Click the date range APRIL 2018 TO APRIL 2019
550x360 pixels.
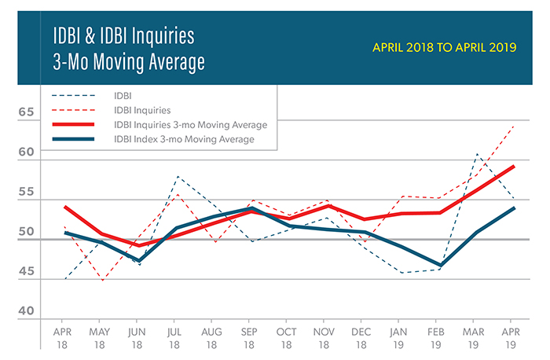(x=444, y=47)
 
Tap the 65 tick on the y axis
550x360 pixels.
(x=29, y=112)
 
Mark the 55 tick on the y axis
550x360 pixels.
(x=29, y=193)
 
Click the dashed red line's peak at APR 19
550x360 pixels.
(x=514, y=126)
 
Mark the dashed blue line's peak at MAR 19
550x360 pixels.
(x=477, y=154)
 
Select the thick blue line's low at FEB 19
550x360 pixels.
(x=440, y=266)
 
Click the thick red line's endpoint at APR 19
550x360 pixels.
(x=514, y=166)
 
